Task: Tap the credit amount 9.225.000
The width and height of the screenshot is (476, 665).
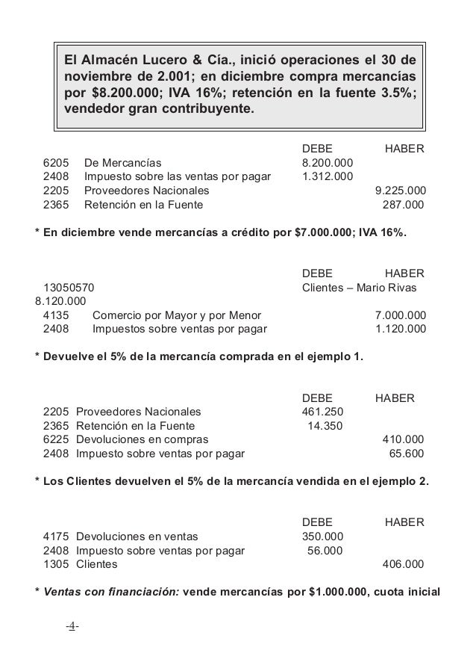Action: pyautogui.click(x=400, y=190)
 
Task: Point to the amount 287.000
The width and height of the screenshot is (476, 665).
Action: pyautogui.click(x=403, y=203)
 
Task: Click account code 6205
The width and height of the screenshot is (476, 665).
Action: pyautogui.click(x=56, y=163)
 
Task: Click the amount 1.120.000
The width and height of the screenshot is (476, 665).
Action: pyautogui.click(x=400, y=328)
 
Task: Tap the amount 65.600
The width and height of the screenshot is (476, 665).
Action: pyautogui.click(x=407, y=452)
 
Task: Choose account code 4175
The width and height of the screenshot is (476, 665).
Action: pyautogui.click(x=56, y=535)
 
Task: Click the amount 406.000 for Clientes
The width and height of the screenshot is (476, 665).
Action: pyautogui.click(x=403, y=563)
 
